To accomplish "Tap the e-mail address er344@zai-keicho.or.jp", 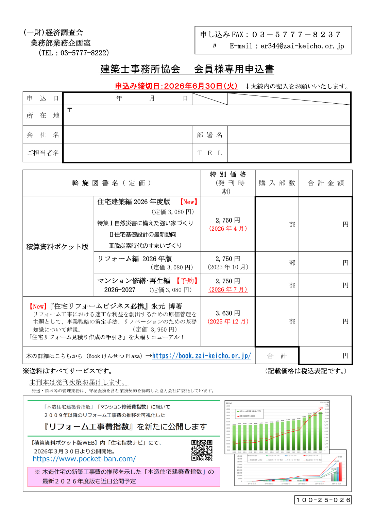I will (x=302, y=46).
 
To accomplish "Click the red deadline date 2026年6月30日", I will (x=192, y=86).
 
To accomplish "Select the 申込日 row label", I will (x=43, y=99).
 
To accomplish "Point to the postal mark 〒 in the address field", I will (x=70, y=109).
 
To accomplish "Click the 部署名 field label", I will (x=210, y=135).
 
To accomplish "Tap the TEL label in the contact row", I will (x=210, y=153).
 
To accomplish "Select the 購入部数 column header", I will (x=277, y=183).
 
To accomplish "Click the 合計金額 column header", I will (x=325, y=183).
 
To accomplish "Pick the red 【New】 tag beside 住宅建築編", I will (x=188, y=202).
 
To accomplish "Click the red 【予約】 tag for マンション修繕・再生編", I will (x=187, y=281).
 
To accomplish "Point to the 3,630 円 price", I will (x=228, y=313).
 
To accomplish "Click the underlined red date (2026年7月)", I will (x=228, y=289).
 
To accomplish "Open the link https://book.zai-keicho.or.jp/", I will (x=202, y=356).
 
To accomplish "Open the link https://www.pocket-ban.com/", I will (x=84, y=459).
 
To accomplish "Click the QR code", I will (x=202, y=450).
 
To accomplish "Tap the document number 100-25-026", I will (x=323, y=500).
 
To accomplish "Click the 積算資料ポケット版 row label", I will (x=57, y=247).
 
